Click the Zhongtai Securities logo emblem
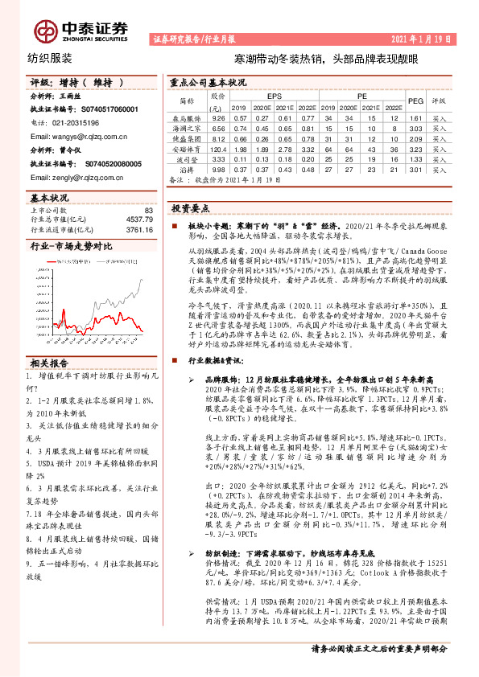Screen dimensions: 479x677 [45, 31]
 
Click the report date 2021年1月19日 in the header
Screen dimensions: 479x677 [427, 38]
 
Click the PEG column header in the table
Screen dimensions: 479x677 [415, 101]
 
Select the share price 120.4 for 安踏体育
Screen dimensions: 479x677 [216, 149]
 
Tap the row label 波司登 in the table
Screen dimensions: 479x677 [188, 159]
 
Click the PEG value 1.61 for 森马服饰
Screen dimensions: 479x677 [415, 117]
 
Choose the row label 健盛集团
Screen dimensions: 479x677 [188, 138]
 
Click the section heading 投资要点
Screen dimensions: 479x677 [192, 207]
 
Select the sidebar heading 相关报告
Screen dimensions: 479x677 [50, 363]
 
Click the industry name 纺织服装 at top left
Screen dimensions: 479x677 [50, 59]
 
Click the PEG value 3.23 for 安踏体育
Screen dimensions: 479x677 [415, 149]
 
